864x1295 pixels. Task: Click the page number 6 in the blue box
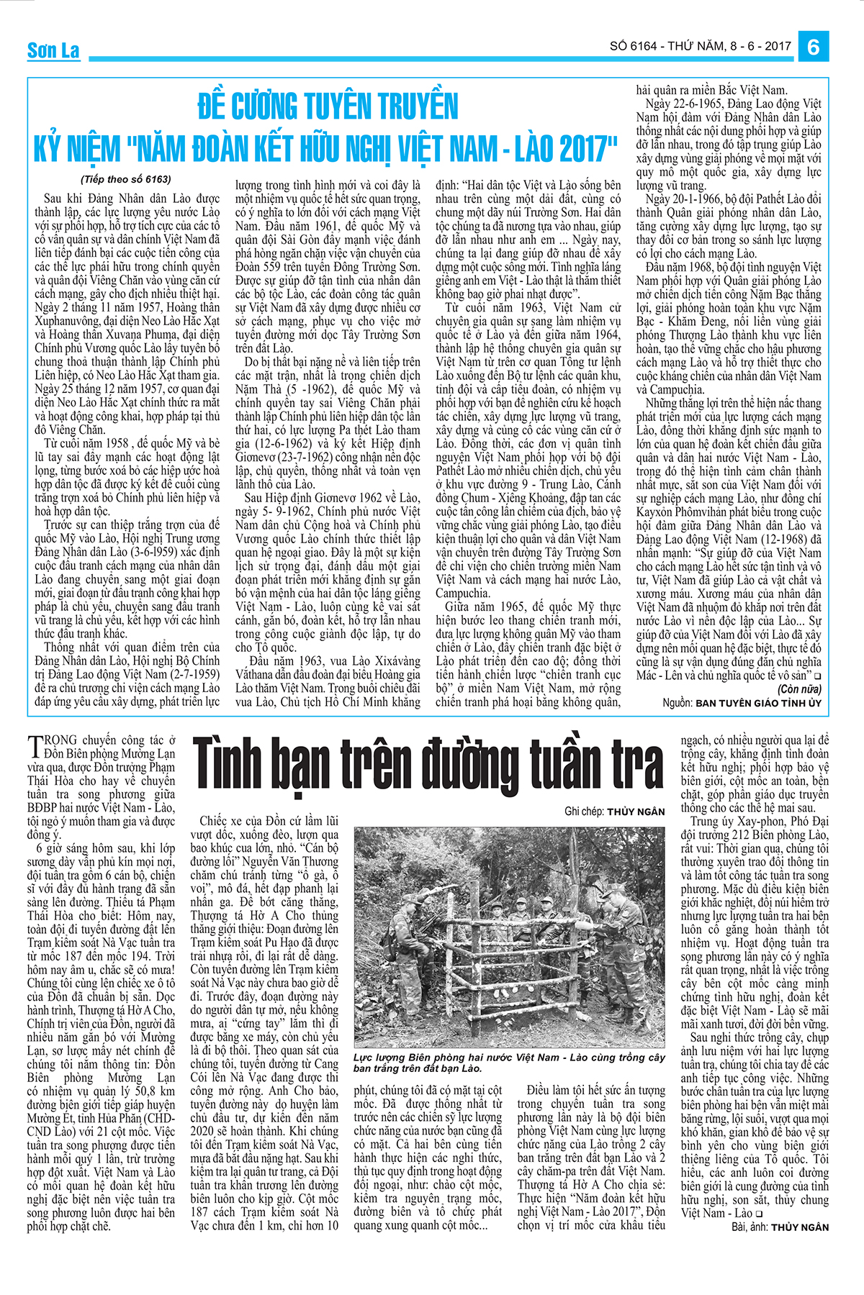click(814, 46)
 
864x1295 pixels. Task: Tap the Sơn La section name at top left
click(53, 50)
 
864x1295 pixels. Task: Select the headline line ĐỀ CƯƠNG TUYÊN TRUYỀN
click(328, 106)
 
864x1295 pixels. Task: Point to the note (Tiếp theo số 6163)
click(126, 179)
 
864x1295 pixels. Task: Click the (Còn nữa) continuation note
click(799, 689)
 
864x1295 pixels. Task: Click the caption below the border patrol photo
click(508, 1063)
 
